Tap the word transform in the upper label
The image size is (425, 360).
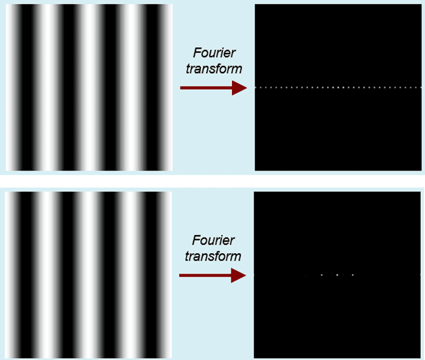click(x=214, y=69)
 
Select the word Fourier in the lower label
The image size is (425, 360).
click(x=213, y=241)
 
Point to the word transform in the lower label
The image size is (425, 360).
click(x=213, y=256)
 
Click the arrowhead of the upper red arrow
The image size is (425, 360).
click(x=240, y=88)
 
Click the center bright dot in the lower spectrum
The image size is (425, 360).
click(x=337, y=275)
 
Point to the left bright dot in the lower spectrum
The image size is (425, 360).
click(x=322, y=275)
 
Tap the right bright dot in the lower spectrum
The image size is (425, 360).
click(x=352, y=275)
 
